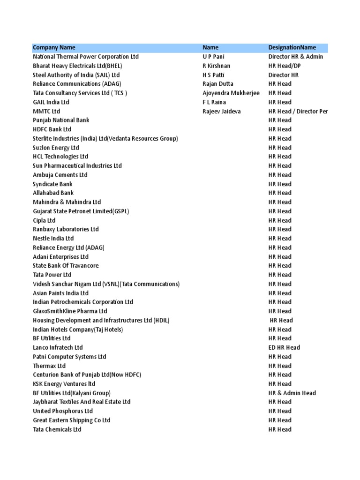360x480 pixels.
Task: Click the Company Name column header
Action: [x=54, y=48]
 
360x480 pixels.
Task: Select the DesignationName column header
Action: [x=292, y=48]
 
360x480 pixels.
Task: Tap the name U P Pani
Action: [x=214, y=57]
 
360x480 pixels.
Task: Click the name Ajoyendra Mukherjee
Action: [x=231, y=93]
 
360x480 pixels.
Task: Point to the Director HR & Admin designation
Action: [x=296, y=57]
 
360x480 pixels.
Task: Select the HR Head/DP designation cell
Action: [x=285, y=66]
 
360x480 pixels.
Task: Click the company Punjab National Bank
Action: [x=61, y=120]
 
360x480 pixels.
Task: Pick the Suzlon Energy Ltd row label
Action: [x=56, y=148]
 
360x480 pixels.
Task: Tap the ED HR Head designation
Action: [x=284, y=347]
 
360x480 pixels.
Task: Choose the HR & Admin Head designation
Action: [x=292, y=393]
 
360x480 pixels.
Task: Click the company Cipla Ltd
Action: [x=44, y=220]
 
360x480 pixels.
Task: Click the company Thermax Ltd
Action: [x=49, y=366]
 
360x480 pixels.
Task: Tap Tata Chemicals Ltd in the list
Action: [x=57, y=429]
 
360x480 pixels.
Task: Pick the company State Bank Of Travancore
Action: [x=66, y=266]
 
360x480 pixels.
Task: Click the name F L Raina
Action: [x=214, y=102]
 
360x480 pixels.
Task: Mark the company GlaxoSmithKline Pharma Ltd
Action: [x=70, y=311]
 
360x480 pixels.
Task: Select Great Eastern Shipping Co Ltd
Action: [x=72, y=420]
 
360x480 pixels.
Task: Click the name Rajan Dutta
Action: [x=217, y=84]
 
